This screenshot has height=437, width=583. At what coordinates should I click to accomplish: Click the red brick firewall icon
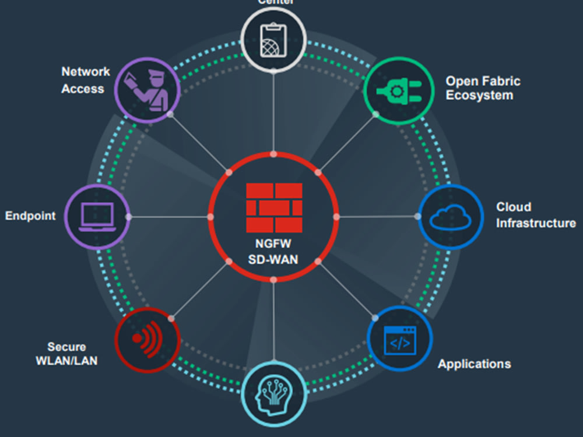(x=274, y=207)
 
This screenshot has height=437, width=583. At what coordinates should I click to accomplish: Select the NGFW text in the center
(x=273, y=245)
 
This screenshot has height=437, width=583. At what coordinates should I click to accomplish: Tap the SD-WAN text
(x=273, y=259)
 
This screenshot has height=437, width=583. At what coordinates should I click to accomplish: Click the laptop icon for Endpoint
(x=97, y=217)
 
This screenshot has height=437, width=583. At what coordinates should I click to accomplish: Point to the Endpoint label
(x=30, y=216)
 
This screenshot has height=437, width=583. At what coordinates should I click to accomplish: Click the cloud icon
(x=451, y=217)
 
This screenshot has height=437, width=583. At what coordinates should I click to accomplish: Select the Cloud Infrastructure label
(x=535, y=215)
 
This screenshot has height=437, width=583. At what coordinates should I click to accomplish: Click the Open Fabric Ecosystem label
(x=483, y=88)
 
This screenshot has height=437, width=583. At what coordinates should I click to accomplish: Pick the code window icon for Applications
(x=400, y=340)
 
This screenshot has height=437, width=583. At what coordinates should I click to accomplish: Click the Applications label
(x=474, y=364)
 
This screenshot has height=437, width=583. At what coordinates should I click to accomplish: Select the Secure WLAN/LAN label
(x=66, y=354)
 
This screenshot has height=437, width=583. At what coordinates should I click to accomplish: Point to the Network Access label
(x=85, y=80)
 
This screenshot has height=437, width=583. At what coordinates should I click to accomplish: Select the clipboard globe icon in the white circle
(x=273, y=40)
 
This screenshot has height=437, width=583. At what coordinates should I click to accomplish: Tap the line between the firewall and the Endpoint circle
(x=169, y=217)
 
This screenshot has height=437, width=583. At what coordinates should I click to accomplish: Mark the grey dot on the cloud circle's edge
(x=417, y=216)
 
